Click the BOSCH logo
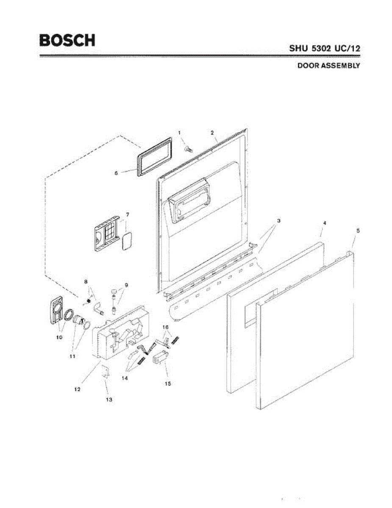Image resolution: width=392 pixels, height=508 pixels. click(x=67, y=40)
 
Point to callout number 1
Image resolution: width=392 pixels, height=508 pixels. click(x=179, y=133)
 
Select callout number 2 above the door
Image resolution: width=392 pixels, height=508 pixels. click(x=212, y=133)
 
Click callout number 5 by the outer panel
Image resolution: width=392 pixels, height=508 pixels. click(x=358, y=231)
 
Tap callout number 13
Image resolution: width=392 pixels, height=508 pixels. click(x=109, y=399)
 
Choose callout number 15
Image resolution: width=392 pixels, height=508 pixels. click(x=168, y=384)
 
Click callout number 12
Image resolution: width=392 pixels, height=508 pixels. click(x=77, y=389)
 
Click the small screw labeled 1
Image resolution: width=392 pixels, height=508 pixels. click(x=189, y=148)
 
